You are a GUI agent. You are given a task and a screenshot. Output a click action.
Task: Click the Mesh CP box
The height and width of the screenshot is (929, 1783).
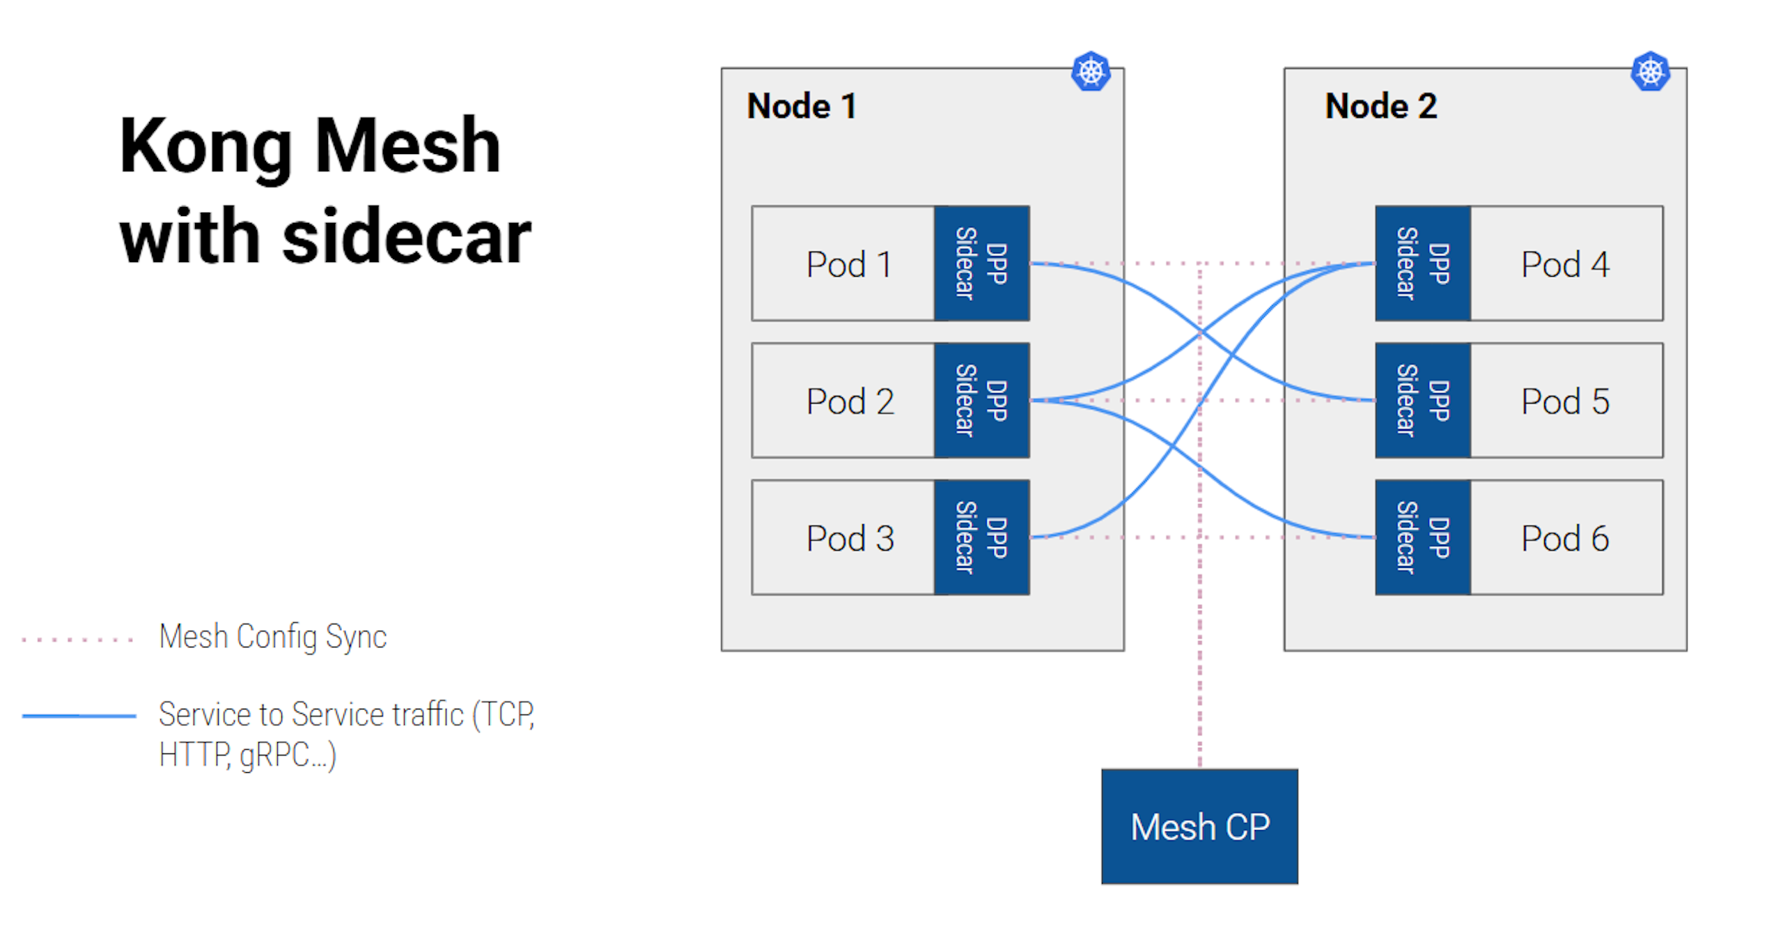1199,826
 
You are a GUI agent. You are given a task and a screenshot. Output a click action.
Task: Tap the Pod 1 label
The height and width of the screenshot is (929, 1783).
848,264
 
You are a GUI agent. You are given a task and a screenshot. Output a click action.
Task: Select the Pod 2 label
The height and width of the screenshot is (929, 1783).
849,401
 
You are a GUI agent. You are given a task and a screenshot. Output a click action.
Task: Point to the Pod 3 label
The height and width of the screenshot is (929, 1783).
849,538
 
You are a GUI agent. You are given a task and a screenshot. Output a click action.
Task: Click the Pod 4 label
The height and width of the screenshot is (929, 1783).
1564,264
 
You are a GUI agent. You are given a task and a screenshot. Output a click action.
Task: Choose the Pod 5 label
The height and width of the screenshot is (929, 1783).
1564,401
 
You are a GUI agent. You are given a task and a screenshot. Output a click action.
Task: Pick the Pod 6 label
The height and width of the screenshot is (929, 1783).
1564,538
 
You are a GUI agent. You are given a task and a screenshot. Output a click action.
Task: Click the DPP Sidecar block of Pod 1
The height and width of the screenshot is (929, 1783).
981,263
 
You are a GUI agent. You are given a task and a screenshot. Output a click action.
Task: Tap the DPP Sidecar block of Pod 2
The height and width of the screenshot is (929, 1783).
981,401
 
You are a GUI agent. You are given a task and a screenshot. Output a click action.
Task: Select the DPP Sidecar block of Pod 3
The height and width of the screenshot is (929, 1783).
981,537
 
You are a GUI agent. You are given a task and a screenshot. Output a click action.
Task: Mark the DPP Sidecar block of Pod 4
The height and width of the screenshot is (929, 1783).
1422,263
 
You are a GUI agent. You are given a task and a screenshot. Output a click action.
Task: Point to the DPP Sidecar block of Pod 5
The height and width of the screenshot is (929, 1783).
1422,401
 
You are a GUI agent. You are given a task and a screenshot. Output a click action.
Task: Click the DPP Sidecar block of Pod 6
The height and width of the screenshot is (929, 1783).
1422,537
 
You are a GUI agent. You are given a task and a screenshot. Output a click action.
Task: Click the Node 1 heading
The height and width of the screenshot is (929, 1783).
801,106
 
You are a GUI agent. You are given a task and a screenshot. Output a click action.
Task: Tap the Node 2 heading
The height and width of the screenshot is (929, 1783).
1380,106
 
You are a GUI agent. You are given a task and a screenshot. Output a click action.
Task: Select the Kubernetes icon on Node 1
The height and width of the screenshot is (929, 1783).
1090,71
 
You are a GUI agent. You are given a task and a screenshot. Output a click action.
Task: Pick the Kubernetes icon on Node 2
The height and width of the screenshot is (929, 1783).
1649,71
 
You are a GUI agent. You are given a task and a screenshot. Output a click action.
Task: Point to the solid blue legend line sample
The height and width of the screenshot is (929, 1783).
79,716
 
